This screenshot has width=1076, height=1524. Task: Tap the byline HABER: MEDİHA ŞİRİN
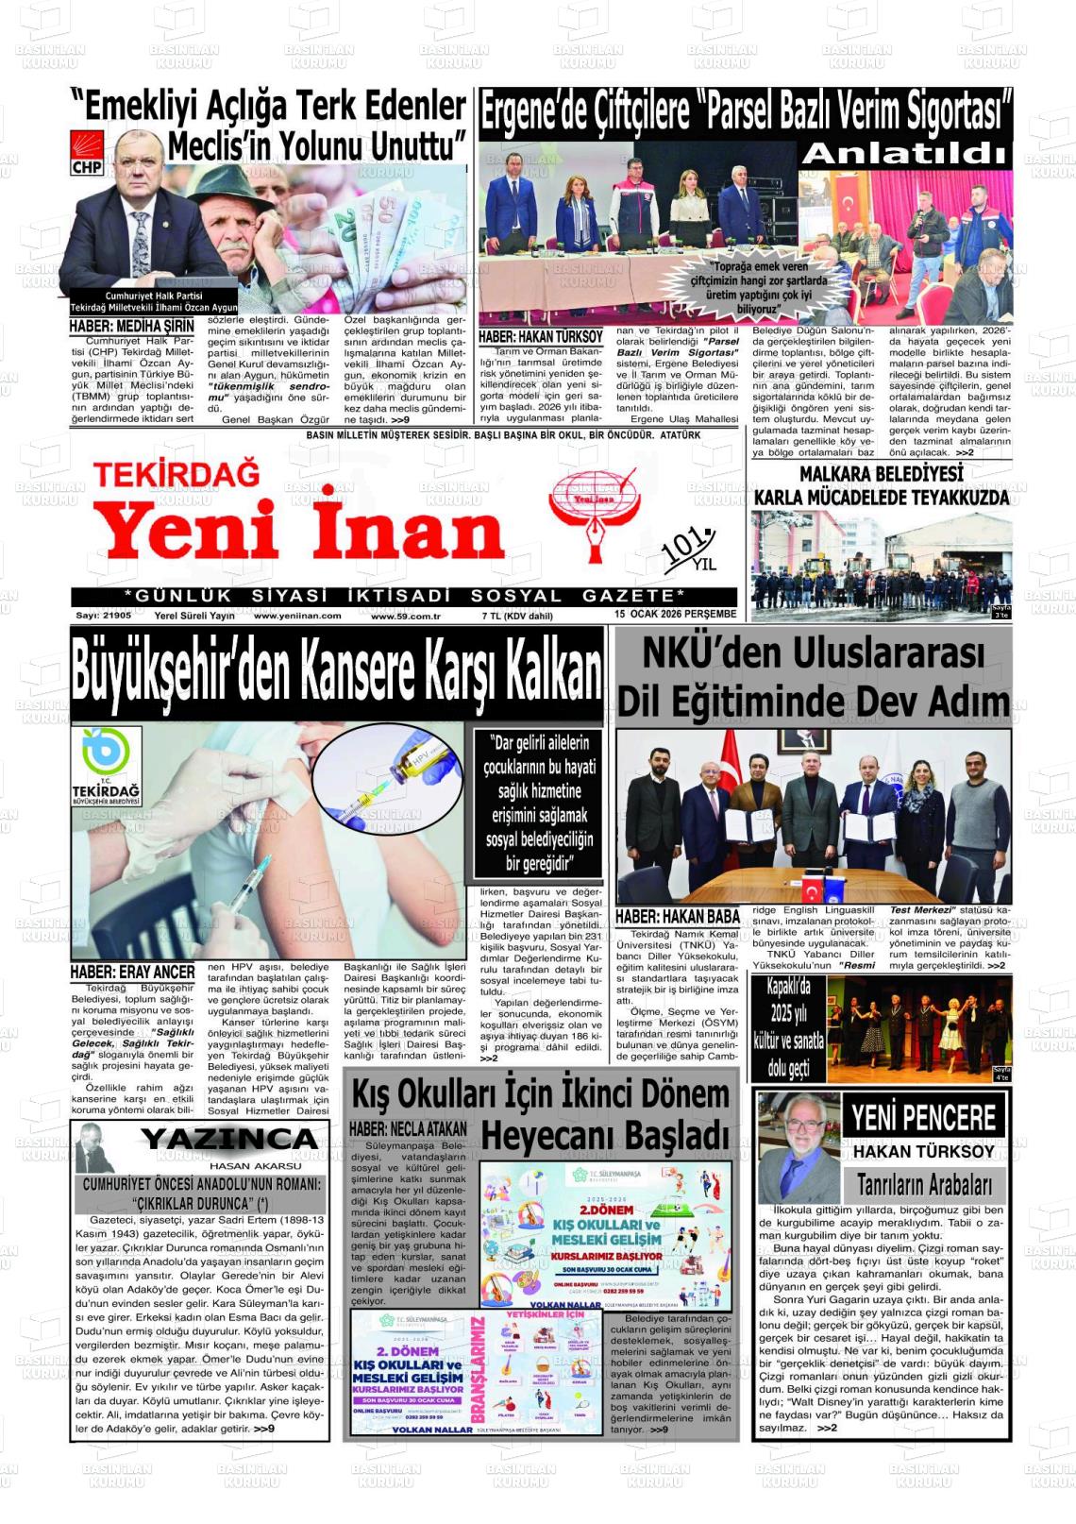pos(131,327)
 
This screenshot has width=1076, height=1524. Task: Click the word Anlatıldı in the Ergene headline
pos(906,154)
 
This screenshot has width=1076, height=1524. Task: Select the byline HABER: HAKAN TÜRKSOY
pos(540,336)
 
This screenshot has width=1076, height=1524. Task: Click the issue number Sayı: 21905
pos(105,616)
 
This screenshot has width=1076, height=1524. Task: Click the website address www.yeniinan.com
pos(297,616)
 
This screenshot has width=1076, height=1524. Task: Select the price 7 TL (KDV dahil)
pos(517,616)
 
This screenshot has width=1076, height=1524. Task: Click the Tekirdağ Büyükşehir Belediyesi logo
pos(106,766)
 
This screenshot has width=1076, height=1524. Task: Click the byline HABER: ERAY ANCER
pos(133,972)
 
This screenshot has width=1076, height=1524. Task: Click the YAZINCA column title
pos(229,1140)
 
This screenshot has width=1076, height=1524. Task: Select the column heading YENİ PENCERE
pos(923,1119)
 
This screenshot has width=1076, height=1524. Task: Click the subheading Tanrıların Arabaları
pos(924,1184)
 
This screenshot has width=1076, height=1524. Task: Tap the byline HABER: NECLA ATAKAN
pos(408,1129)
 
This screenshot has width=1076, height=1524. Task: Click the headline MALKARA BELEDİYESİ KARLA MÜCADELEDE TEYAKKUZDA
pos(882,485)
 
